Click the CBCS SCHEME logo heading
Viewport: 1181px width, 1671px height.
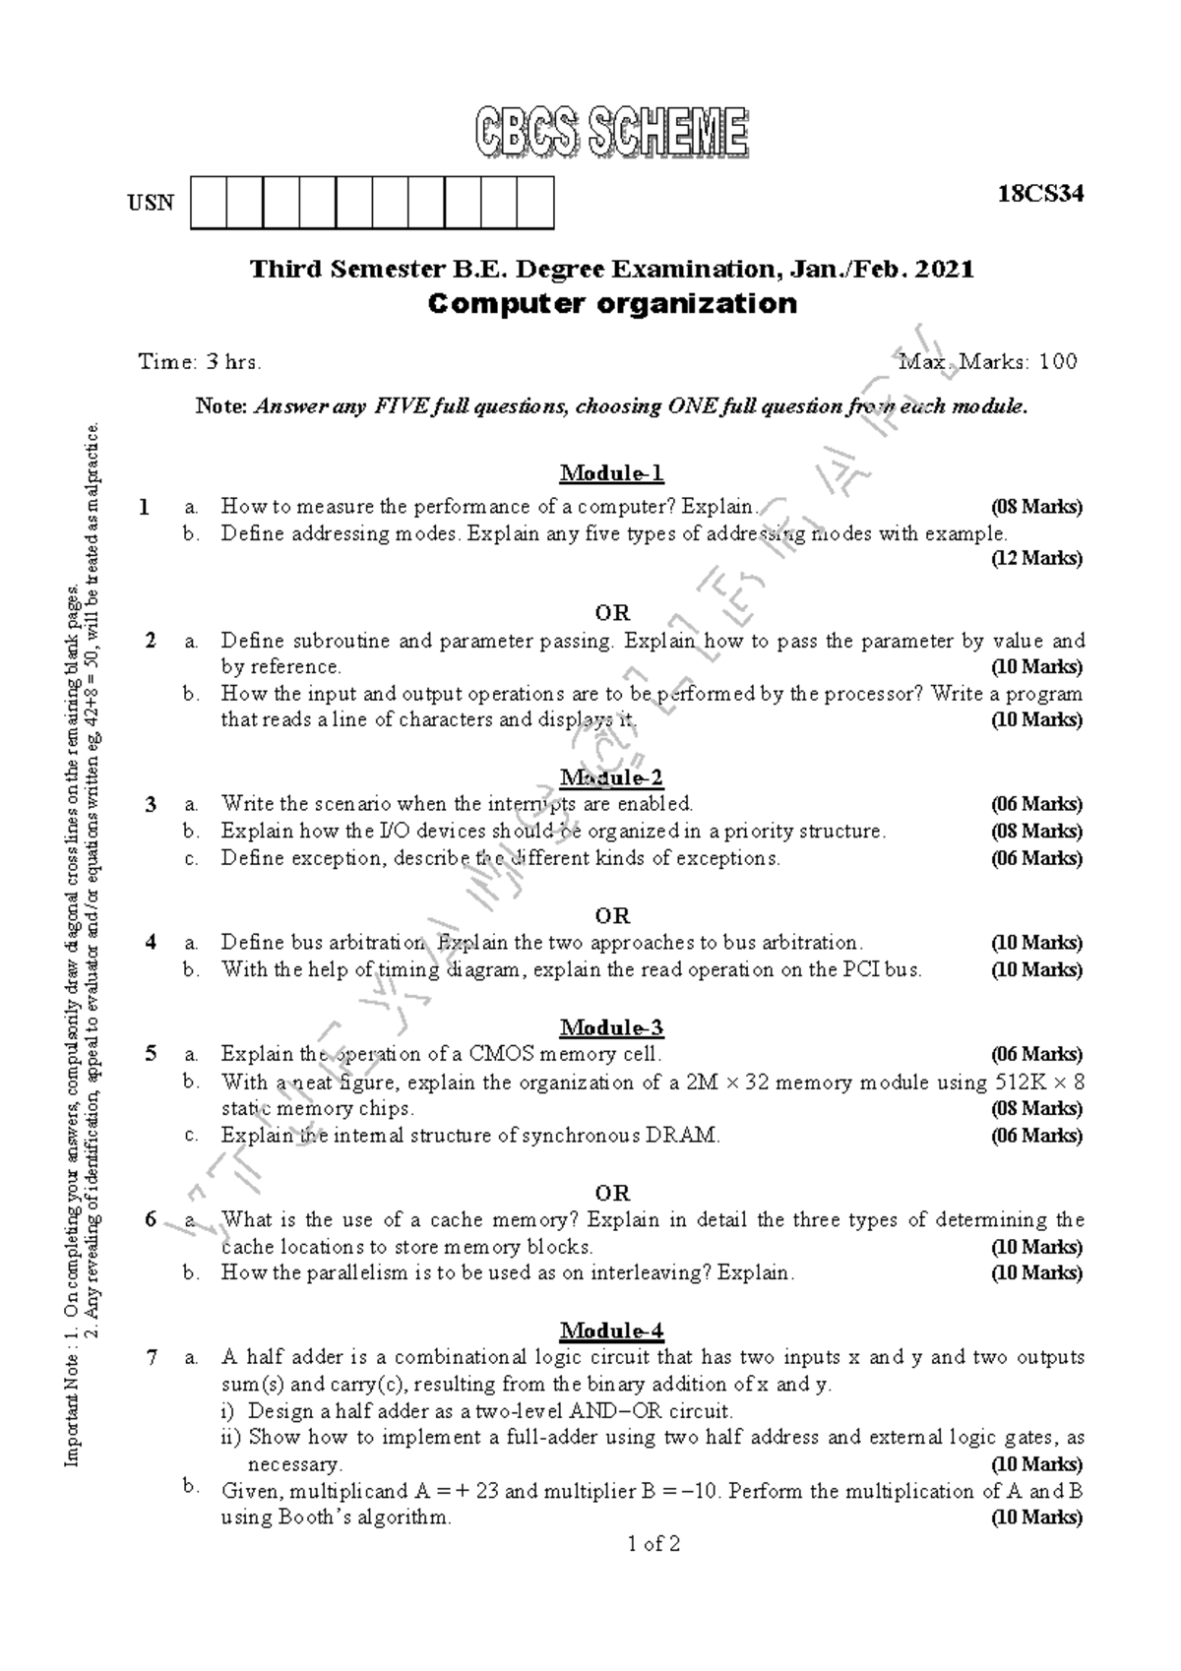coord(612,134)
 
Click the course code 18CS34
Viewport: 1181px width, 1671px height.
coord(1040,194)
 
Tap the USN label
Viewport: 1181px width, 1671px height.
coord(151,204)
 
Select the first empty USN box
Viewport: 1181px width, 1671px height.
coord(209,203)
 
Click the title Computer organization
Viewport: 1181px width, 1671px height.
coord(612,304)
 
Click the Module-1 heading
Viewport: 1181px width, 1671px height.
coord(612,473)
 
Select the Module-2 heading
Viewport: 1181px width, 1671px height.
coord(612,777)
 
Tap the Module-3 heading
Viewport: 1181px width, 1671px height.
coord(612,1028)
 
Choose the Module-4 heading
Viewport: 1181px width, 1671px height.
coord(612,1331)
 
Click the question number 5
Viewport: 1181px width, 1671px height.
coord(151,1054)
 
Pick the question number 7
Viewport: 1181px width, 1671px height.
coord(151,1358)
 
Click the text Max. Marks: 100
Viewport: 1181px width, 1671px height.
coord(989,362)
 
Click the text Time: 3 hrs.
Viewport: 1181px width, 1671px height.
coord(201,362)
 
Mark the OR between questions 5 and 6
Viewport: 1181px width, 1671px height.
coord(612,1193)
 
